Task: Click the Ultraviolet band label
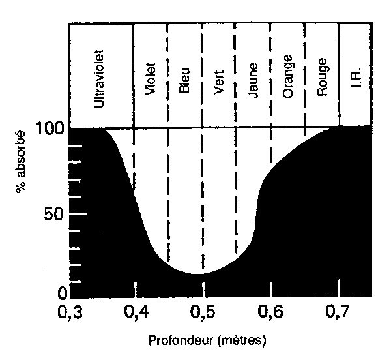100,76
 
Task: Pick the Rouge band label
322,78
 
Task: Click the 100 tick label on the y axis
50,127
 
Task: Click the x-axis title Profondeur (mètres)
207,340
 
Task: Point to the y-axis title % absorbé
21,164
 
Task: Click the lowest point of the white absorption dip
193,273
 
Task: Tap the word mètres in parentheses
244,340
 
